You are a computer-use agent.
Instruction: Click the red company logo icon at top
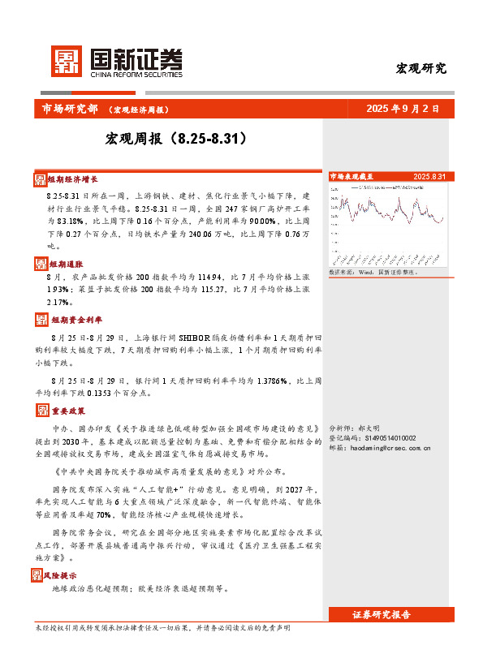click(x=67, y=58)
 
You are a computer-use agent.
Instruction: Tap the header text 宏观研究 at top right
click(x=420, y=68)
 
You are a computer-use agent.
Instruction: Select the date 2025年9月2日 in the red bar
click(x=403, y=108)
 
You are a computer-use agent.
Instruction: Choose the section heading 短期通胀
click(x=65, y=264)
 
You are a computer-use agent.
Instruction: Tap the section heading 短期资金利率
click(x=73, y=319)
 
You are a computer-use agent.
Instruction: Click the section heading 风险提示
click(x=65, y=574)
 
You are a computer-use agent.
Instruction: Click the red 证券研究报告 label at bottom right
click(x=392, y=614)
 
